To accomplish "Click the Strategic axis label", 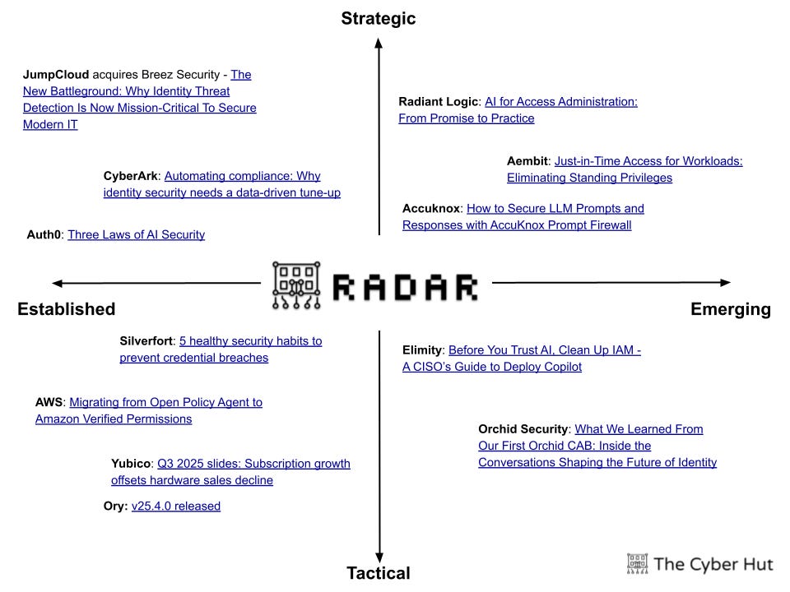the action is click(x=379, y=18).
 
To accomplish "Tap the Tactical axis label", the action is click(x=379, y=573).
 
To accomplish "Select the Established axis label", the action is click(x=66, y=309).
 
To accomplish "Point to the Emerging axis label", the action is click(x=731, y=309).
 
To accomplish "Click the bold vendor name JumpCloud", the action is click(x=56, y=75).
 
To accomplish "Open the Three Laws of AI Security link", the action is click(x=136, y=235).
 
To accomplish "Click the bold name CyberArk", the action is click(x=131, y=176).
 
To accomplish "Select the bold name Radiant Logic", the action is click(x=438, y=102).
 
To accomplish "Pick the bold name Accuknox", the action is click(x=432, y=209).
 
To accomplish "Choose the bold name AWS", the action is click(x=49, y=403).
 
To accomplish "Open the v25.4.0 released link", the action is click(x=176, y=506).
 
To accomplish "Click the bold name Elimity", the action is click(x=423, y=350).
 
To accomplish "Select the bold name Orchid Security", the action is click(x=523, y=429).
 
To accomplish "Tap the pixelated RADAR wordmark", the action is click(x=405, y=286).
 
